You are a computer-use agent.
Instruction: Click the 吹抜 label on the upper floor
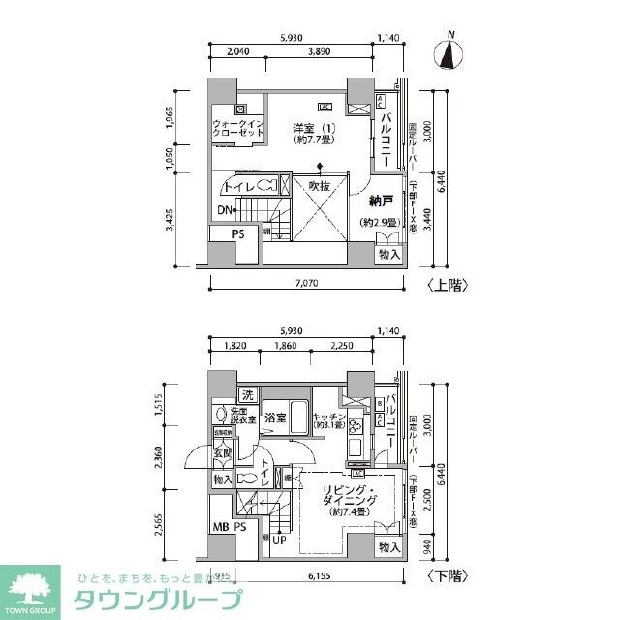[x=321, y=184]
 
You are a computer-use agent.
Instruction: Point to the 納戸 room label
[x=381, y=202]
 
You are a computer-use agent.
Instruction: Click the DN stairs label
[x=225, y=210]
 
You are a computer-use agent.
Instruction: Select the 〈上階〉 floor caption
[x=445, y=286]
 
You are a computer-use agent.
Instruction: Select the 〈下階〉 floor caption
[x=445, y=576]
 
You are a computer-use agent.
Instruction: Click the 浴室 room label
[x=275, y=418]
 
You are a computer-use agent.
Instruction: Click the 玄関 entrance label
[x=222, y=452]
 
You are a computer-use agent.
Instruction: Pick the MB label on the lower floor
[x=221, y=528]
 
